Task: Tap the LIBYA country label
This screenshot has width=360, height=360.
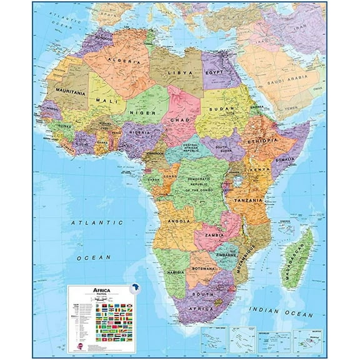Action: pyautogui.click(x=179, y=72)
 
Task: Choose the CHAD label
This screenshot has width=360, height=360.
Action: pyautogui.click(x=181, y=119)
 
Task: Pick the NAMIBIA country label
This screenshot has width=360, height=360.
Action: pyautogui.click(x=176, y=273)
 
